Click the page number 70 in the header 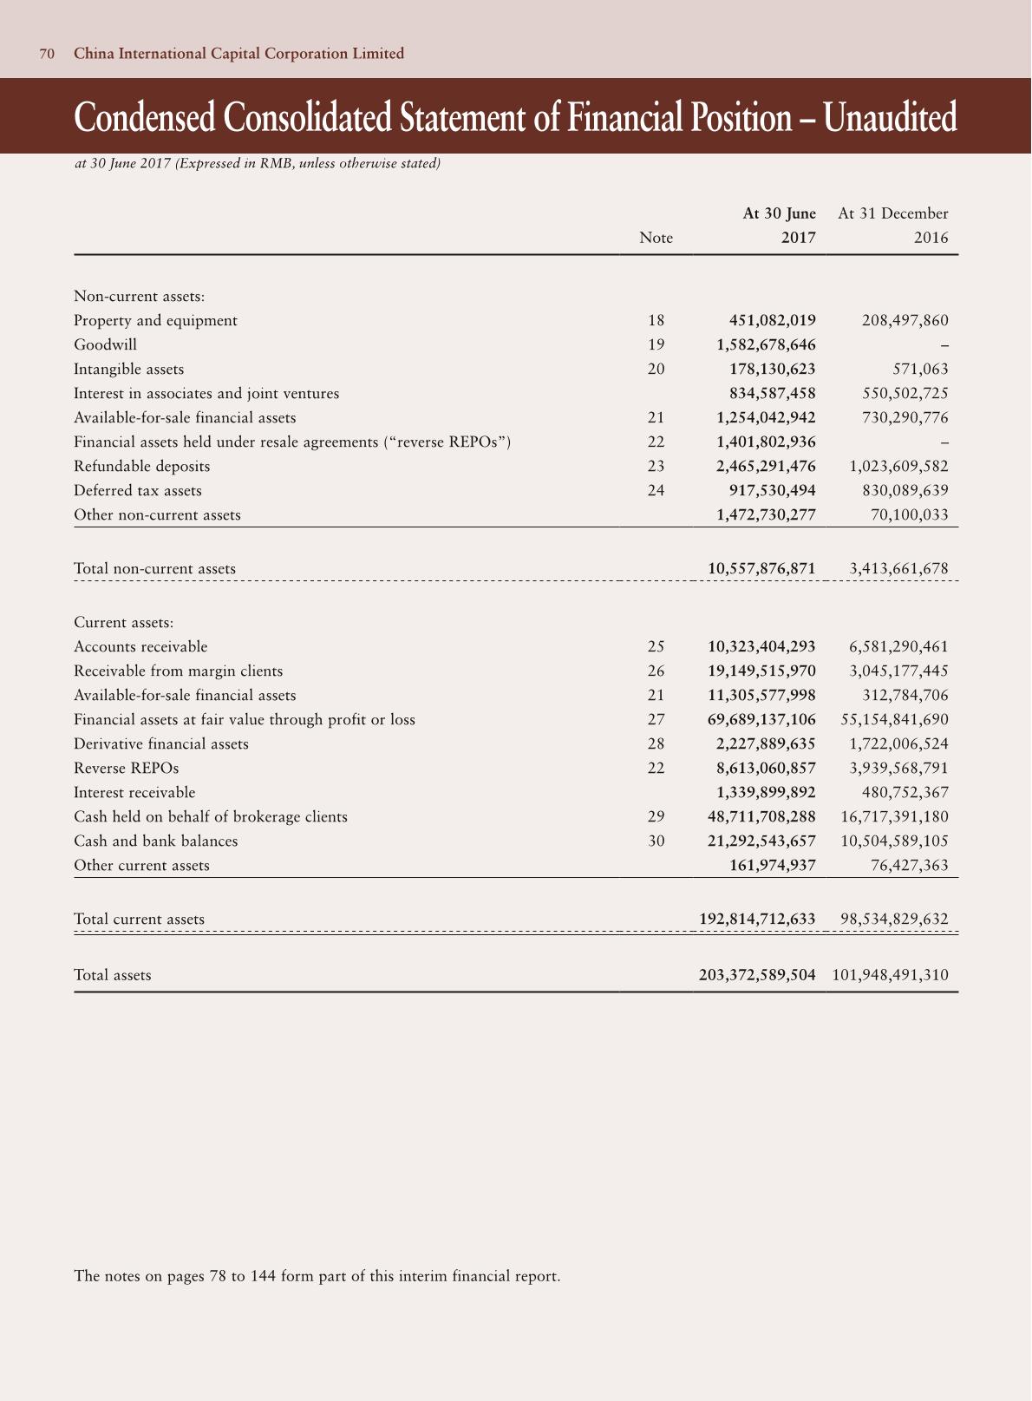tap(48, 54)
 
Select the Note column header tap(656, 238)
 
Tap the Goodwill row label tap(105, 344)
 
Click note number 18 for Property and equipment tap(656, 320)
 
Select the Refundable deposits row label tap(141, 466)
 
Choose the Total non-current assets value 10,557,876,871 tap(761, 568)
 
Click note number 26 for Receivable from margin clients tap(656, 671)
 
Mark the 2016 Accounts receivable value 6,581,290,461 tap(898, 646)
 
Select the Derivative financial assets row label tap(160, 743)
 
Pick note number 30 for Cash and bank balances tap(656, 841)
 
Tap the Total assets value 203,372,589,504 tap(757, 974)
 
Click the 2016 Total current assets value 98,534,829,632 tap(894, 919)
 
